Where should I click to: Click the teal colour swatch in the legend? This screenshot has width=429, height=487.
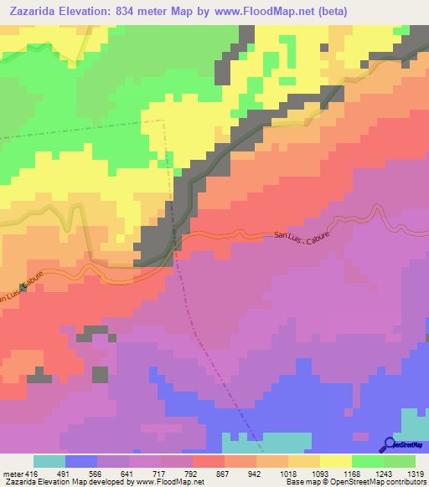[x=49, y=461]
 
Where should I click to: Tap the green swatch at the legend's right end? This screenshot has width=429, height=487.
[x=400, y=461]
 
